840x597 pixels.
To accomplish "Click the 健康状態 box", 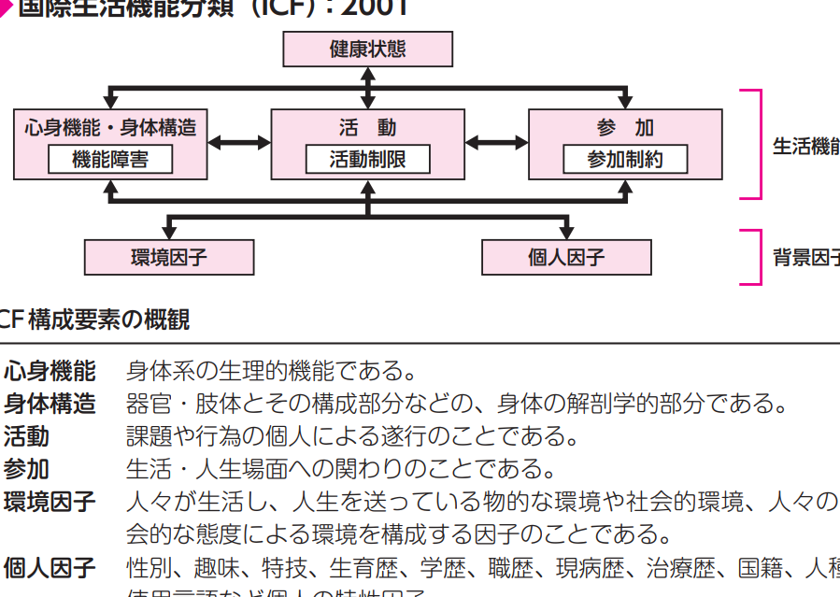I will click(x=367, y=50).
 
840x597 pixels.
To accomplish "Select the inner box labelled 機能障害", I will click(x=110, y=160).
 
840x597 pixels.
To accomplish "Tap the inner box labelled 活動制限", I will click(x=367, y=160).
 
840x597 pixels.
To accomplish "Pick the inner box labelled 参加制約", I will click(x=624, y=160).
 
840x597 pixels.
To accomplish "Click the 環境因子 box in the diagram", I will click(x=168, y=257).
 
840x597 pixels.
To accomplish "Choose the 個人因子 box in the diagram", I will click(x=566, y=257).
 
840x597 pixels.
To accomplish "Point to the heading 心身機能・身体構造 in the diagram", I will click(x=110, y=128).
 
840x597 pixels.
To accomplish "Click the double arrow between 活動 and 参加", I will click(x=496, y=143).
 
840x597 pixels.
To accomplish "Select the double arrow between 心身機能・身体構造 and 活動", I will click(x=239, y=143).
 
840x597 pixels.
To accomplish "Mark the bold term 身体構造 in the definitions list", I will click(x=50, y=404).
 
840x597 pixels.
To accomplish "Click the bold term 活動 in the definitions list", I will click(x=26, y=435).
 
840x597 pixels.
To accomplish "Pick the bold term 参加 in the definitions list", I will click(x=26, y=468).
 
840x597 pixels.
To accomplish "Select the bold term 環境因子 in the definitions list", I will click(x=50, y=502).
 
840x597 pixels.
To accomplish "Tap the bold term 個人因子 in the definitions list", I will click(x=50, y=567).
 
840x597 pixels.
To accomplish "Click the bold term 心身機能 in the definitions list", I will click(x=50, y=371).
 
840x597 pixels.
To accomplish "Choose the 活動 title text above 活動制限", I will click(x=367, y=128).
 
